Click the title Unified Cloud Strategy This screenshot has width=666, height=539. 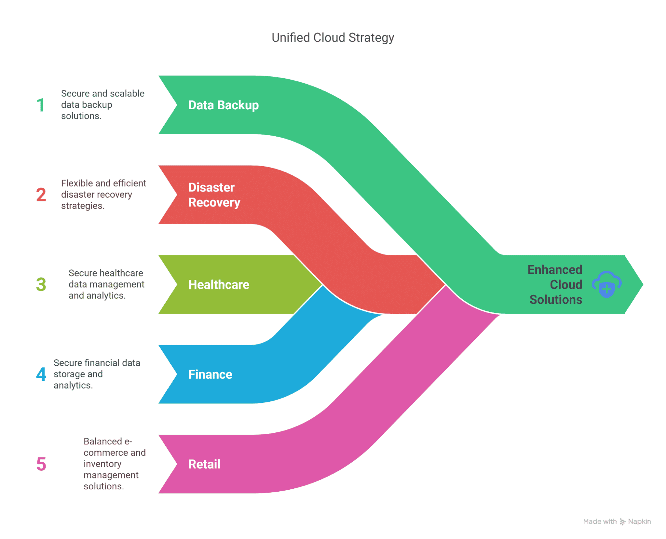333,38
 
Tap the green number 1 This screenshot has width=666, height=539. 41,105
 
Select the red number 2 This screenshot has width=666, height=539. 41,195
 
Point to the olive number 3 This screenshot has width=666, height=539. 41,284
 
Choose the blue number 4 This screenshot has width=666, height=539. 41,374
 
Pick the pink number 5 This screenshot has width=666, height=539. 41,464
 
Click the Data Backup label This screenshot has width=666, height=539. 223,105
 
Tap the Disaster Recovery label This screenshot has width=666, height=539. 214,195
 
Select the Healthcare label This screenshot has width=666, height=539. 219,284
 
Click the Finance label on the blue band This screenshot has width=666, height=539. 210,374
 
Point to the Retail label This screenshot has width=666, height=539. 204,464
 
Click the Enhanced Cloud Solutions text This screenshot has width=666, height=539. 555,284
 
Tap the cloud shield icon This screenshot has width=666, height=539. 607,284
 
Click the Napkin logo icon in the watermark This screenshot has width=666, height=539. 622,522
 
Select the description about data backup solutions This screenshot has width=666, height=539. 103,105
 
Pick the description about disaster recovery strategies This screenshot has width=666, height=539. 103,195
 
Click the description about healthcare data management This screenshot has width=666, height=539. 106,284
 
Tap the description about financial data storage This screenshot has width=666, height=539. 97,374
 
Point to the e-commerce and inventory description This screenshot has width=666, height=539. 114,464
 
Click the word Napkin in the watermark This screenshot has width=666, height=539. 639,522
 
